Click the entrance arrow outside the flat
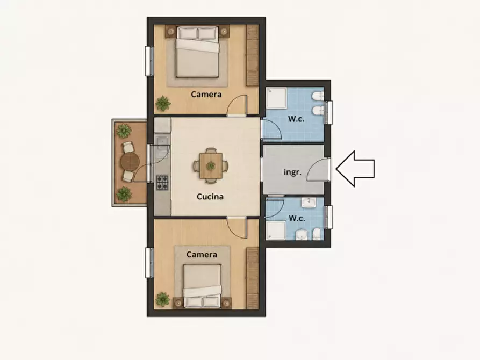(x=355, y=169)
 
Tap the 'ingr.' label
(x=292, y=172)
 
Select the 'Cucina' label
(x=210, y=197)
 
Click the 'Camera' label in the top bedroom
(x=206, y=94)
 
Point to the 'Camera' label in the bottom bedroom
(x=202, y=254)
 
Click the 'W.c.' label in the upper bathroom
(x=296, y=119)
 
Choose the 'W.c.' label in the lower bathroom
(x=297, y=218)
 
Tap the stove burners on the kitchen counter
(x=162, y=182)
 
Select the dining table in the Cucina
(x=211, y=165)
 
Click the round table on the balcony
(x=130, y=161)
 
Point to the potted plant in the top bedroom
(x=163, y=104)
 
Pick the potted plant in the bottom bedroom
(x=162, y=299)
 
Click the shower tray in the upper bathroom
(x=276, y=98)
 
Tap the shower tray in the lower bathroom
(x=276, y=231)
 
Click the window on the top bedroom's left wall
(x=149, y=61)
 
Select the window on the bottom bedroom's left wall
(x=149, y=263)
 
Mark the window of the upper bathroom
(x=328, y=112)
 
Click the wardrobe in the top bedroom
(x=253, y=55)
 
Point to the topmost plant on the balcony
(x=124, y=131)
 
